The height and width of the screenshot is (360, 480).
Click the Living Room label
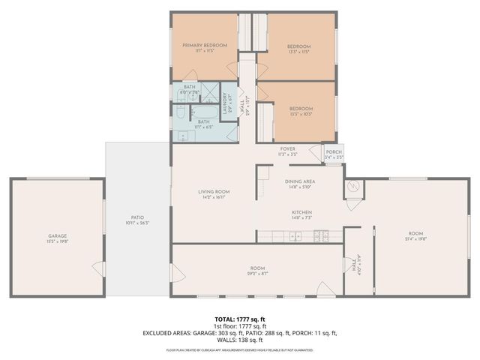click(214, 191)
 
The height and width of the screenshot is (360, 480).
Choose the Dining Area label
click(300, 181)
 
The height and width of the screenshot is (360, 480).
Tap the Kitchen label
click(302, 212)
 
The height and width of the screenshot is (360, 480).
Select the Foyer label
click(288, 148)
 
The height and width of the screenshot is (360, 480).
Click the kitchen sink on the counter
click(297, 237)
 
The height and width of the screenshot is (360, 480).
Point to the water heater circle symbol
click(354, 187)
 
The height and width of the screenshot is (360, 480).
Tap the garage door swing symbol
click(97, 268)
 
